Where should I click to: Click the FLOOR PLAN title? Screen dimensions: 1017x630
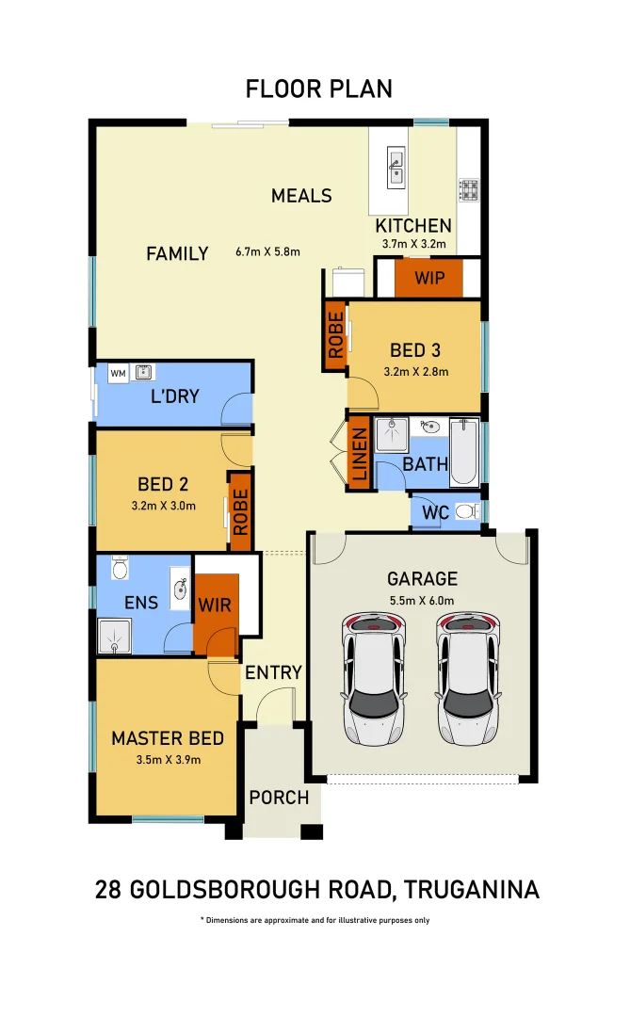tap(318, 89)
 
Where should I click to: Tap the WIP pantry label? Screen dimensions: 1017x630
tap(429, 278)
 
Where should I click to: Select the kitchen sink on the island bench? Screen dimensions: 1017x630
tap(396, 167)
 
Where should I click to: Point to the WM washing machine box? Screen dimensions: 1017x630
tap(118, 374)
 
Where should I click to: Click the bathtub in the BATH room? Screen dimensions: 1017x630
tap(464, 452)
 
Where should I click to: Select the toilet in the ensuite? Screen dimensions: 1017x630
tap(120, 569)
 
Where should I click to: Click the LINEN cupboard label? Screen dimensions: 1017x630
tap(359, 456)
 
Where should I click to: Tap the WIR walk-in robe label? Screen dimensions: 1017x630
tap(214, 604)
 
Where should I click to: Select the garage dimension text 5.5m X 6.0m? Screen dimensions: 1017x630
tap(421, 600)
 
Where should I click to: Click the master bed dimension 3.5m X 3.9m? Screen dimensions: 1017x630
tap(168, 759)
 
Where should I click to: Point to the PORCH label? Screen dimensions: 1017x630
tap(279, 798)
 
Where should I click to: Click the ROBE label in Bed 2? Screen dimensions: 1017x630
tap(240, 511)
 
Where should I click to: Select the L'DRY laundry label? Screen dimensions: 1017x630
tap(175, 395)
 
